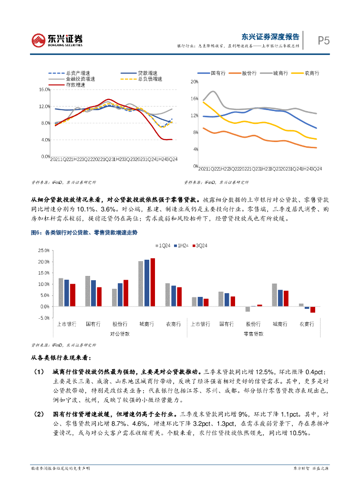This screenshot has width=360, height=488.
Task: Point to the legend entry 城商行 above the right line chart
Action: pyautogui.click(x=280, y=73)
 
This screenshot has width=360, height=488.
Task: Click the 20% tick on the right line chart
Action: pyautogui.click(x=194, y=81)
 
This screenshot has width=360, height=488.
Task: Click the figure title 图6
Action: pyautogui.click(x=36, y=233)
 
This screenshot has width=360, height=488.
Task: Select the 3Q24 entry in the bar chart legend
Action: pyautogui.click(x=201, y=245)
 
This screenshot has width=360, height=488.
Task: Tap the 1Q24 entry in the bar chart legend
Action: pyautogui.click(x=163, y=245)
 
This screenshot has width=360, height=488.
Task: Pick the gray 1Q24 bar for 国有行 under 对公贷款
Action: pyautogui.click(x=88, y=291)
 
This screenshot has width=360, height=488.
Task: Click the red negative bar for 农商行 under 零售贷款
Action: pyautogui.click(x=313, y=310)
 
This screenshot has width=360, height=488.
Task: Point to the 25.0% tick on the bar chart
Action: pyautogui.click(x=43, y=250)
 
